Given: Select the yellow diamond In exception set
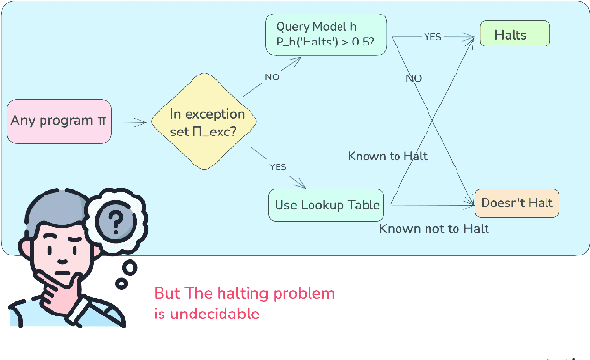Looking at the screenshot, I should pos(207,123).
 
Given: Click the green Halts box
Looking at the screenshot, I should pos(516,36).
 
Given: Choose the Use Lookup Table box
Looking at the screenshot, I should pos(325,204).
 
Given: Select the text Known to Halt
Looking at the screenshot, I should pos(388,156).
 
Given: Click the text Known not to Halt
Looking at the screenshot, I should pos(433,228).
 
